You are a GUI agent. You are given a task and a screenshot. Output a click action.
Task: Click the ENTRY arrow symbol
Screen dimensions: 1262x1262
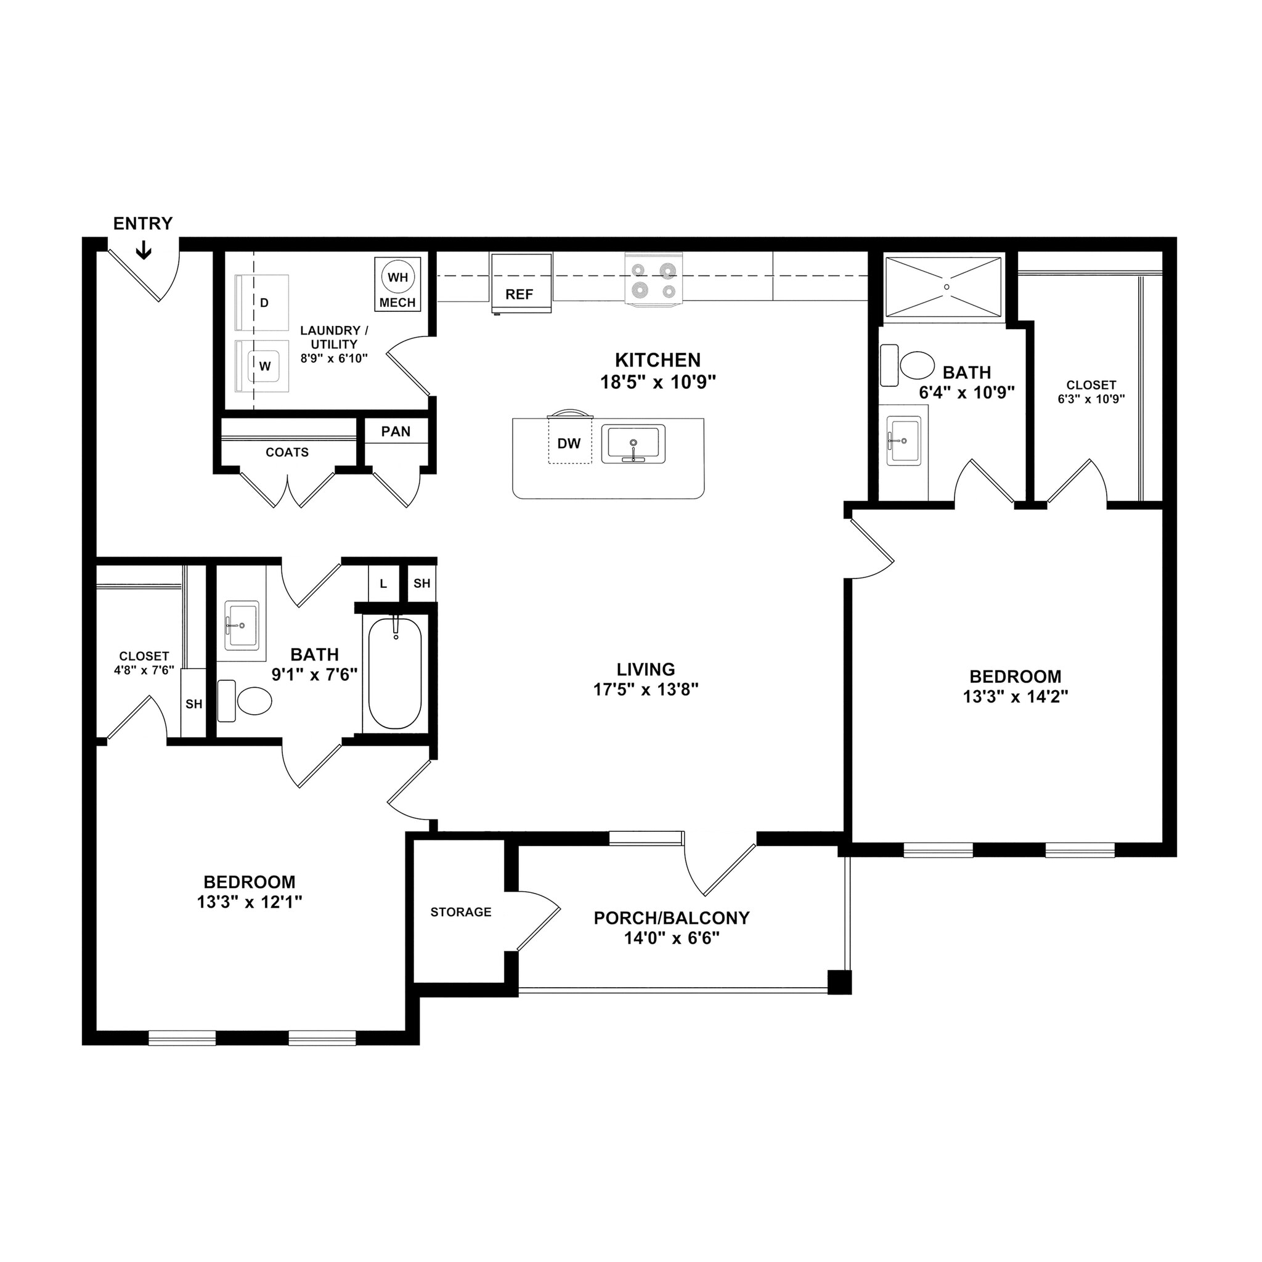(x=143, y=250)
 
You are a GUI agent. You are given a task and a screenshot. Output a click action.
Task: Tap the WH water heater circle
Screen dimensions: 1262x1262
(x=398, y=277)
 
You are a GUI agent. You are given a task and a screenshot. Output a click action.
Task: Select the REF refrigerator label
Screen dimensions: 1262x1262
(x=519, y=295)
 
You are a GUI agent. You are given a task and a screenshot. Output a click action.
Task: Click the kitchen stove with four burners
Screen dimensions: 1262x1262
(x=653, y=279)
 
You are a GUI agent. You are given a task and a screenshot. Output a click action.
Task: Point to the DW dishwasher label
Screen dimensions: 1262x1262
(x=569, y=444)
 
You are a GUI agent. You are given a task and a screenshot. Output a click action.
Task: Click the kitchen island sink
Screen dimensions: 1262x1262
(x=633, y=444)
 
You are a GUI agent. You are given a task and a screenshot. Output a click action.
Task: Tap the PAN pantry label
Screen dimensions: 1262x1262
(x=396, y=432)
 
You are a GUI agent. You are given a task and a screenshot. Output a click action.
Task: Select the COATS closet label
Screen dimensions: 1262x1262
(x=287, y=453)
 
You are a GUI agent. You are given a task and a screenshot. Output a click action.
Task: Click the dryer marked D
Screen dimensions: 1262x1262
(x=263, y=303)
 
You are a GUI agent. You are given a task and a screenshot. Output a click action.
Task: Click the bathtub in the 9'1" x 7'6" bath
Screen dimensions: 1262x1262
(x=395, y=673)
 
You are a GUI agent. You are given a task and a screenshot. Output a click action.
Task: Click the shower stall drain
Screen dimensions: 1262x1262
(x=946, y=286)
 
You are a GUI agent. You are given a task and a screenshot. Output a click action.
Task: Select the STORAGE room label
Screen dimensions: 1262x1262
(x=460, y=912)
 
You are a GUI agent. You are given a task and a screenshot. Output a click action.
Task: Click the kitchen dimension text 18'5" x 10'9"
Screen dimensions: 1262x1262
(x=657, y=382)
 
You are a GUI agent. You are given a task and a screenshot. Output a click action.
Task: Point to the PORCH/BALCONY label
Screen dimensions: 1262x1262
(x=671, y=918)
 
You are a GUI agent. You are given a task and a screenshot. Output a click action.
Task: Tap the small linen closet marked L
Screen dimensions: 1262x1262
(x=383, y=584)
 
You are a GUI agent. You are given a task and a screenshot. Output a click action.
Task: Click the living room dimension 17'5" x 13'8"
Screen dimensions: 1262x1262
(x=645, y=690)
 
